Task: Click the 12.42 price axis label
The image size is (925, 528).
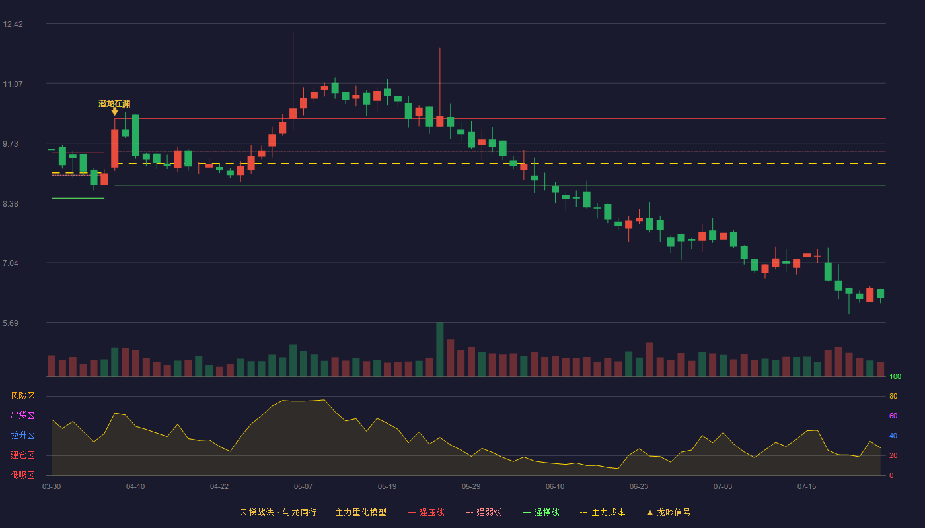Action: [x=13, y=24]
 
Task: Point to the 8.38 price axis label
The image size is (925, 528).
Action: [x=11, y=204]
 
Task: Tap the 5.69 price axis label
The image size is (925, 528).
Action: [x=11, y=323]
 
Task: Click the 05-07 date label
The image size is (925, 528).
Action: [x=303, y=487]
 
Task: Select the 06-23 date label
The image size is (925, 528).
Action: [x=639, y=487]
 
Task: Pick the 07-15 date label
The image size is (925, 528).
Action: [x=807, y=487]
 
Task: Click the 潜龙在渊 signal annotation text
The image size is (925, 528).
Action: [x=114, y=104]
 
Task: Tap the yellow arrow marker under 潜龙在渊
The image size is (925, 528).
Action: [x=115, y=112]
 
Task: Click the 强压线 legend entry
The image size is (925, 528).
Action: [x=427, y=512]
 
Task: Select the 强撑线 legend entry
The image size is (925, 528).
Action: [x=541, y=512]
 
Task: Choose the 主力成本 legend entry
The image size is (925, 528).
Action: [x=603, y=512]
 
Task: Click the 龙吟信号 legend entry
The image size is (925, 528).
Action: [x=669, y=512]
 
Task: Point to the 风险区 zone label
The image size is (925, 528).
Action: [x=22, y=396]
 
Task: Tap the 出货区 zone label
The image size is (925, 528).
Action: [x=22, y=415]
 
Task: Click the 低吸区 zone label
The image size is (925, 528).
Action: [x=22, y=475]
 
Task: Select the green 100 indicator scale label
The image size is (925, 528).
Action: [x=895, y=376]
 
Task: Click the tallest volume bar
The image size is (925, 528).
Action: [x=440, y=349]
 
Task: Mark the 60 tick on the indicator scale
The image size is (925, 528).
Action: [x=893, y=416]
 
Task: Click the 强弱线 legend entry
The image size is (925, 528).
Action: [x=484, y=512]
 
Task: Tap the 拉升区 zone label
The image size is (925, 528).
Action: [x=22, y=435]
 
